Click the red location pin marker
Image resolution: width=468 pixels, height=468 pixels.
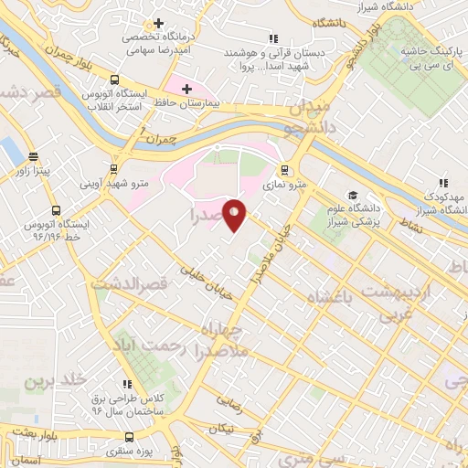click(235, 215)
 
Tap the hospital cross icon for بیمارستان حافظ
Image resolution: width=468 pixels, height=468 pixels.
click(186, 90)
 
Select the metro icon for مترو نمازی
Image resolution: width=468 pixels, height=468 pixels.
click(284, 169)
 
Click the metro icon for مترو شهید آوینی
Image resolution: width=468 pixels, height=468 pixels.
click(113, 169)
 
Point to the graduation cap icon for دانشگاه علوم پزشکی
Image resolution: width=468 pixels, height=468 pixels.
click(351, 195)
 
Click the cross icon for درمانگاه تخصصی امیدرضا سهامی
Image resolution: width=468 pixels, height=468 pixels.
click(159, 23)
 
